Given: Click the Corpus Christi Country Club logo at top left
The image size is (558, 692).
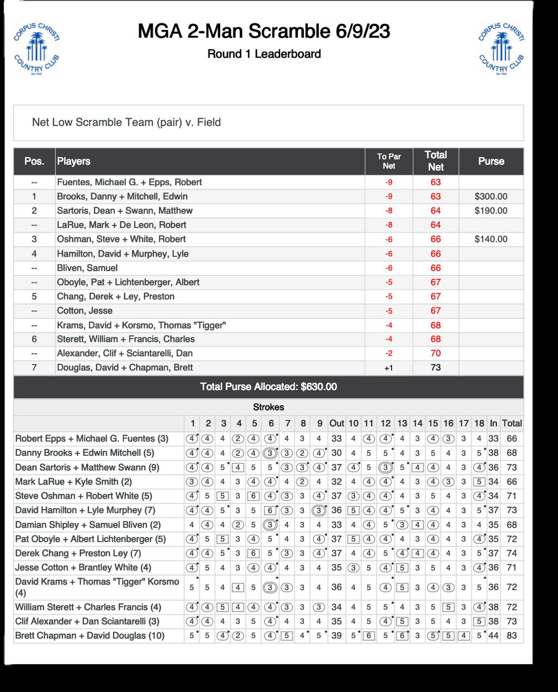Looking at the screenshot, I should (36, 49).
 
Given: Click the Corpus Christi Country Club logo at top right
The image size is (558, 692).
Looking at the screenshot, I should (501, 49).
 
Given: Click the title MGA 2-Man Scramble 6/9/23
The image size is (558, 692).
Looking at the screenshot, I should (264, 32).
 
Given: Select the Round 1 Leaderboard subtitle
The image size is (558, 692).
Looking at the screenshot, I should (264, 54).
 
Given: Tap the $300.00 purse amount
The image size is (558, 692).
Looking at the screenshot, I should (491, 197).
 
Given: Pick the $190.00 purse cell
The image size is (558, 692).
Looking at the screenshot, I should (491, 211).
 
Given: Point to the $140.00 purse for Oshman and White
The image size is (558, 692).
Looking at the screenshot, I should (491, 239).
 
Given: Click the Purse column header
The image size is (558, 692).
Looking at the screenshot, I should (491, 161).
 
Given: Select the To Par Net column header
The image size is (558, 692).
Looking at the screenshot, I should (388, 161).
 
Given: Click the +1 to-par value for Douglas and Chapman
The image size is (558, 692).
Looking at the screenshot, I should (388, 368).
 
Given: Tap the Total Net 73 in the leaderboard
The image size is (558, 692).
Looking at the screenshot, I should (435, 368).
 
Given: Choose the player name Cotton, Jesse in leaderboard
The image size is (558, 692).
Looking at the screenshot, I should (85, 311).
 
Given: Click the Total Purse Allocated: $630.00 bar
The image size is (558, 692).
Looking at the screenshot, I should (268, 387).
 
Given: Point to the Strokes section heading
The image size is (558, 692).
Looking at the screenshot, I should (268, 407).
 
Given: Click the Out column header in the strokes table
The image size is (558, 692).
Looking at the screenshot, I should (337, 424).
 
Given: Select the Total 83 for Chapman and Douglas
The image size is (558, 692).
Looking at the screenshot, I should (511, 635).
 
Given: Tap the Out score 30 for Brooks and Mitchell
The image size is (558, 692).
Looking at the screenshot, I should (337, 453).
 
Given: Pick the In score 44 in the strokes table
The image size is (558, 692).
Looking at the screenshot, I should (493, 635).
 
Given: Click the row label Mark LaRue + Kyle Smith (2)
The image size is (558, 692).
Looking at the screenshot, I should (73, 482).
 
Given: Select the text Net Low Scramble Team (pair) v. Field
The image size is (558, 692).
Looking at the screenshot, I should (126, 123).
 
